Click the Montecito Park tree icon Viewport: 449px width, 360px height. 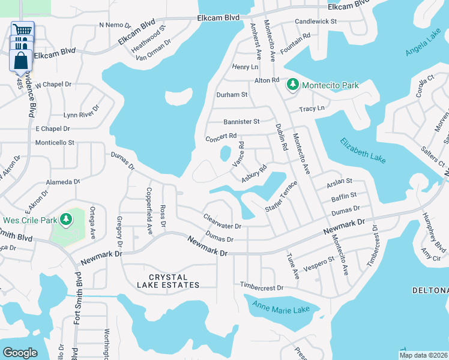[293, 85]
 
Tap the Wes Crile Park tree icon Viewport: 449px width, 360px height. [66, 220]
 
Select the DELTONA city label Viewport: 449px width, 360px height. [430, 290]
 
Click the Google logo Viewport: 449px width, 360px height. [19, 353]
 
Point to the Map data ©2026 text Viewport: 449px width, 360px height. [424, 355]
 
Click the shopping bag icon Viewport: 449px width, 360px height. [21, 61]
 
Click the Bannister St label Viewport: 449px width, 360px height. [241, 121]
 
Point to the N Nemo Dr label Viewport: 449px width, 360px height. [113, 25]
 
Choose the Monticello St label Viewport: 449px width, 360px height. [55, 143]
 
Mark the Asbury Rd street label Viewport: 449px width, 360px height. [253, 173]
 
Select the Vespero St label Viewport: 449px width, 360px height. [319, 263]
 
